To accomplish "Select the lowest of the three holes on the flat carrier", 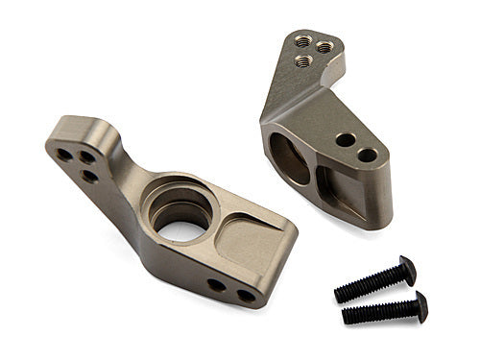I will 89,177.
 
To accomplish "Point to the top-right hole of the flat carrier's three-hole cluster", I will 87,156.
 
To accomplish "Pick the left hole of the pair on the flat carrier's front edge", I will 217,285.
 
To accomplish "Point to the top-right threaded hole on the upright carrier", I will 326,45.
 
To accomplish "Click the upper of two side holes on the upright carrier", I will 344,139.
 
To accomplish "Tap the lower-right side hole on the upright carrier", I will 367,154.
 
